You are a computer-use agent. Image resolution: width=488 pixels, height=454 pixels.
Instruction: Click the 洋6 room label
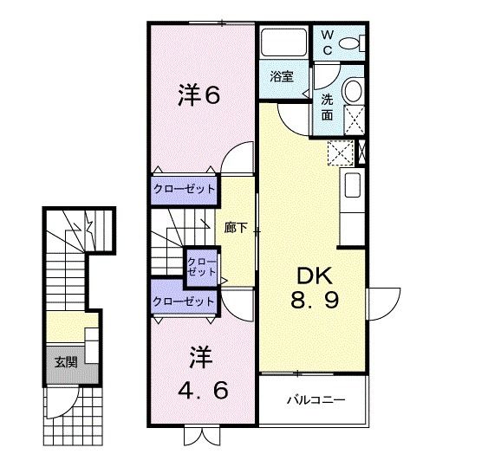point(198,95)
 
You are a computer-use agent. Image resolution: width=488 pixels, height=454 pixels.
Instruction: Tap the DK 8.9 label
point(315,288)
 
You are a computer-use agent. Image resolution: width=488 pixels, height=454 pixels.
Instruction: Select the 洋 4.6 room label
point(203,373)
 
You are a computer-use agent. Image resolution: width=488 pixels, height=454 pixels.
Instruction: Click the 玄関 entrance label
point(66,362)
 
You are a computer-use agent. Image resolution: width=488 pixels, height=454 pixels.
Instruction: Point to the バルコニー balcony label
point(316,399)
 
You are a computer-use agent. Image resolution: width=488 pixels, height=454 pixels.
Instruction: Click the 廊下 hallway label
point(236,228)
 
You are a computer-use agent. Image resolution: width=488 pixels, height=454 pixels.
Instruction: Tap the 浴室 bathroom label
point(282,76)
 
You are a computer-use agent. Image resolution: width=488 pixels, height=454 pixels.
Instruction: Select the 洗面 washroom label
point(327,107)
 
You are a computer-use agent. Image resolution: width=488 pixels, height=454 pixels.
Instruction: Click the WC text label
point(328,42)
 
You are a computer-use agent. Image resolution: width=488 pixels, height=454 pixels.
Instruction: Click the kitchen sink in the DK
point(353,185)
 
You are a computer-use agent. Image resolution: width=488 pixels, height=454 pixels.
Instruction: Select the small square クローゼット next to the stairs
point(202,268)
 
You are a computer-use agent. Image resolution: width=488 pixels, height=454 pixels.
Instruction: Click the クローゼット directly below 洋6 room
point(184,190)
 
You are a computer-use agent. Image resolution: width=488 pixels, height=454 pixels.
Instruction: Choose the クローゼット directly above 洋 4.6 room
point(184,301)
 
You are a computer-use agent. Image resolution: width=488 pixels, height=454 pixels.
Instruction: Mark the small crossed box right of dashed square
point(362,152)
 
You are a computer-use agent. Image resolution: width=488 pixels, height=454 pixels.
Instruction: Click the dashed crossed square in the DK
point(341,152)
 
